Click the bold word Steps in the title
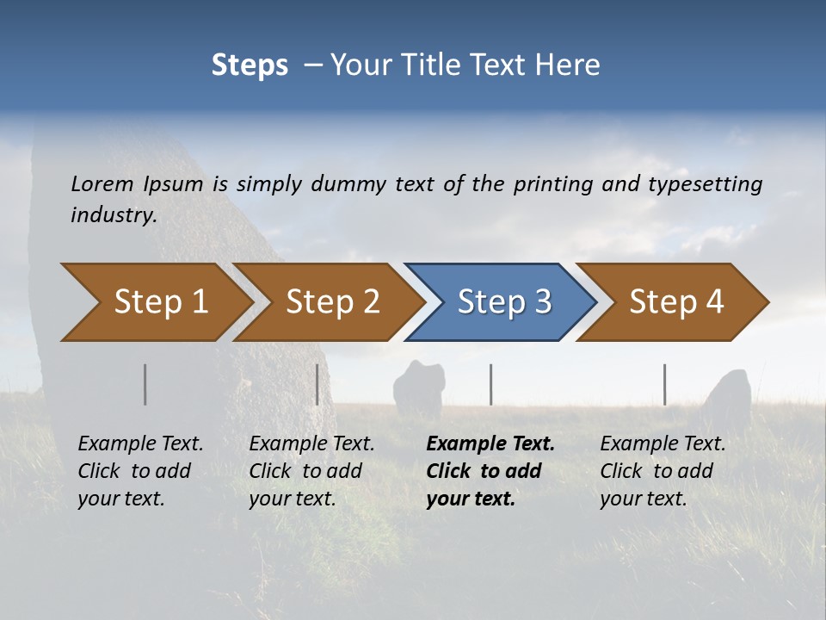point(250,65)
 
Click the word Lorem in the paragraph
point(102,183)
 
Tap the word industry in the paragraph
point(114,215)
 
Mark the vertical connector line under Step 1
point(145,384)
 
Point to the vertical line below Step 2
point(317,384)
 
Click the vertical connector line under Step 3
point(491,384)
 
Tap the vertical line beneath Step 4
point(665,384)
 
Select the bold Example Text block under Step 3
point(490,471)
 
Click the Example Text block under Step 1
point(140,471)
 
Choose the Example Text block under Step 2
point(311,471)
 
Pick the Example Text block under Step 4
point(663,471)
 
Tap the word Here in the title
point(571,65)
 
